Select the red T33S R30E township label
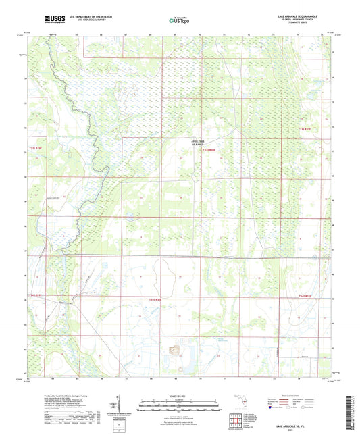pyautogui.click(x=209, y=150)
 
